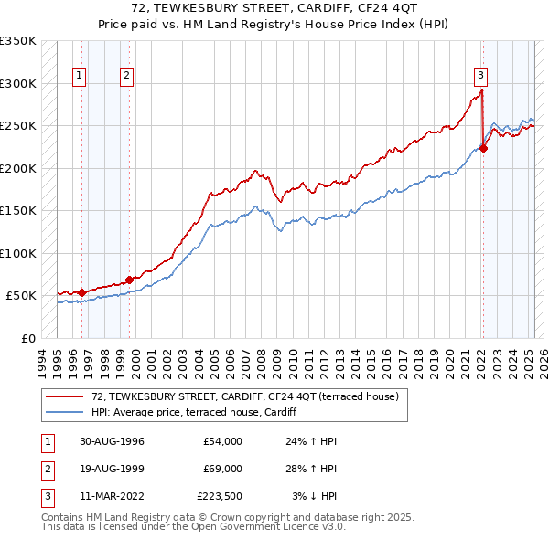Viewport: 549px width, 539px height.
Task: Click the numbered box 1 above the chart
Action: (x=81, y=76)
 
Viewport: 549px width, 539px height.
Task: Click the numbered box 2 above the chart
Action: (x=126, y=76)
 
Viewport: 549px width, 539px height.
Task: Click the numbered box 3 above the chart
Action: (x=480, y=76)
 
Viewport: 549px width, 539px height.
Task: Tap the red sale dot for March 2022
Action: (x=483, y=150)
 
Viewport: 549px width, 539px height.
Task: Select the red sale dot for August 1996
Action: (x=82, y=292)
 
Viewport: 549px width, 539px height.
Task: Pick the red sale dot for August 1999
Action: (x=129, y=280)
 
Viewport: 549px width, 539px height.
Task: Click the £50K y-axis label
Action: (x=22, y=296)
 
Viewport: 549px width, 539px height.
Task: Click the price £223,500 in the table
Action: (x=220, y=496)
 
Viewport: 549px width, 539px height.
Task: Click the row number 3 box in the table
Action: (x=47, y=496)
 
